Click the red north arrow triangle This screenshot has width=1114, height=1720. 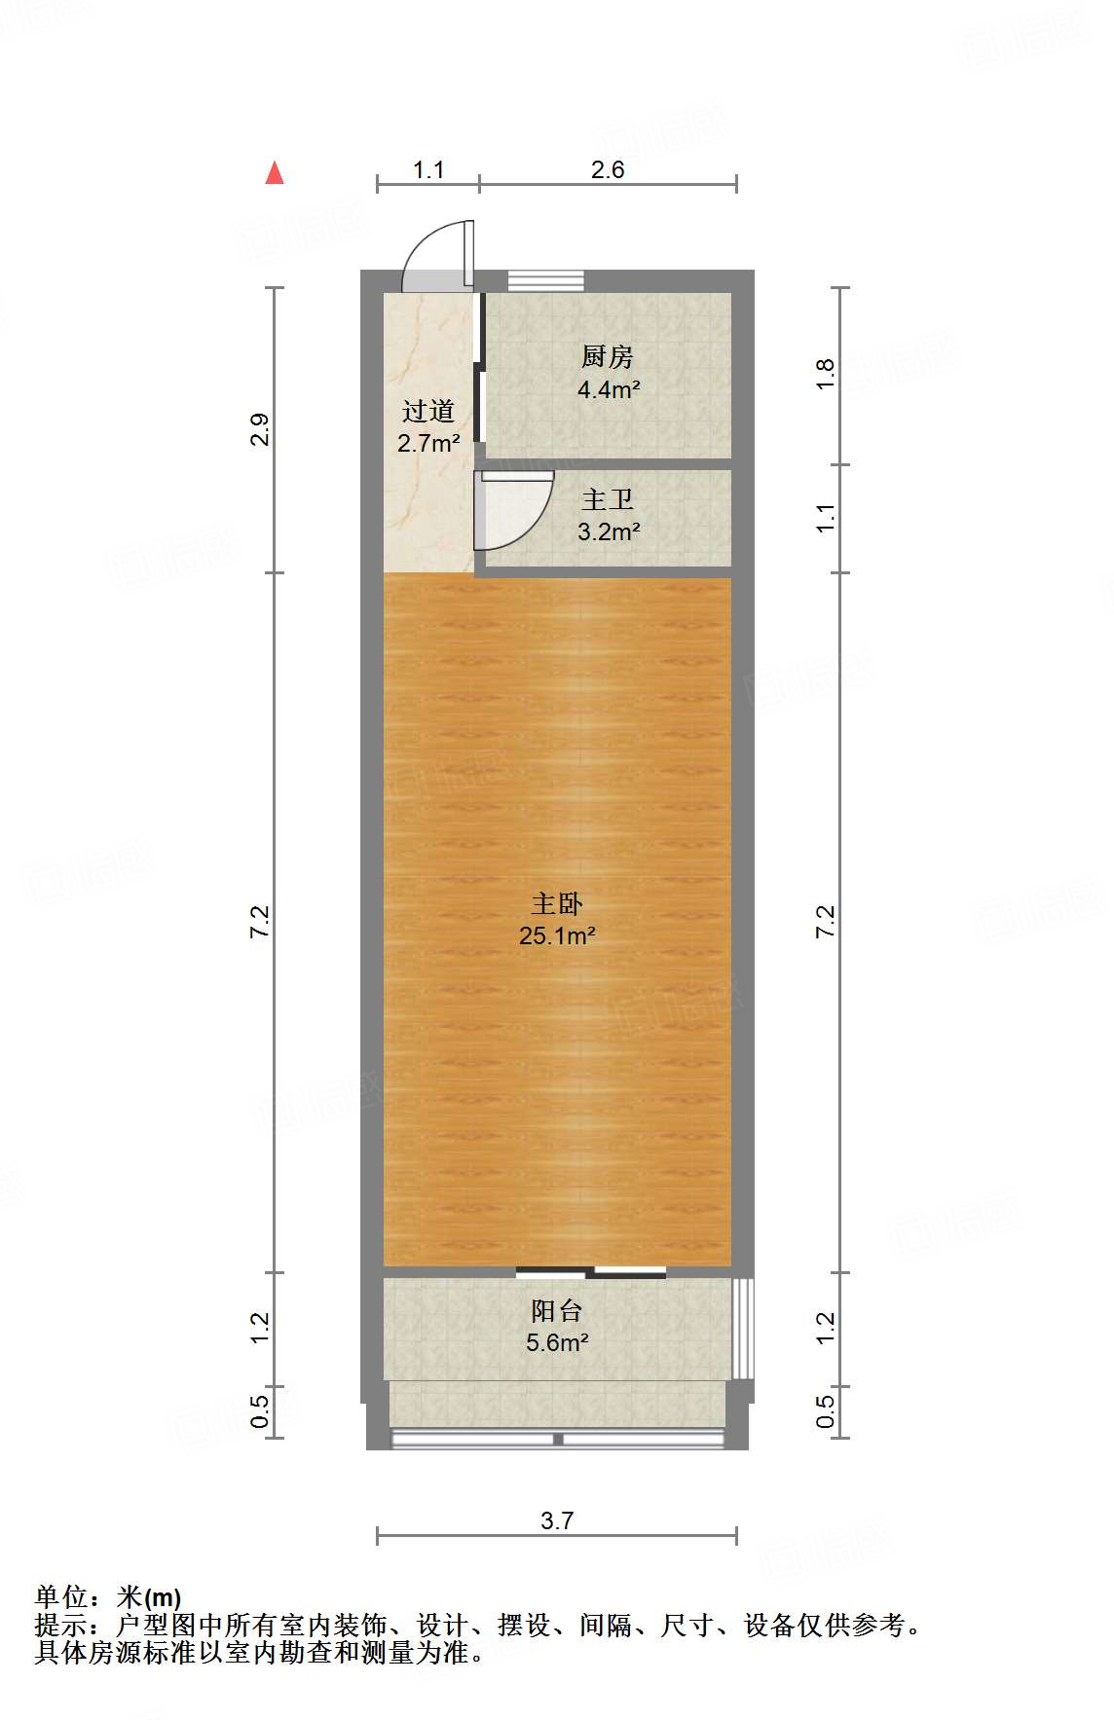point(275,173)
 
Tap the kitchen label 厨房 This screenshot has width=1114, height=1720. point(608,357)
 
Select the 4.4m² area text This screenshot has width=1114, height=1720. point(609,389)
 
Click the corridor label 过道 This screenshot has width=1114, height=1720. point(428,412)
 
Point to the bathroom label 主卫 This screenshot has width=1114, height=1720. point(608,500)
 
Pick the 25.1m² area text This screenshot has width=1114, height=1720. point(557,936)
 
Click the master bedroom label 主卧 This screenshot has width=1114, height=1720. point(557,904)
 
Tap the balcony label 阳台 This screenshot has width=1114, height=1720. point(557,1311)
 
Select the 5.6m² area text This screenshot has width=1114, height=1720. point(557,1343)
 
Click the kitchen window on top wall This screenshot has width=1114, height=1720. point(545,280)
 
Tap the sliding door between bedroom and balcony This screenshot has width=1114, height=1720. point(591,1271)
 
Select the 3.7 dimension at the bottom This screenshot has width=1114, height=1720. point(557,1520)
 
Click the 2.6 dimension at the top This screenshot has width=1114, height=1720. point(608,170)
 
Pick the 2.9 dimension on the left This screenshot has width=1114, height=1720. point(259,429)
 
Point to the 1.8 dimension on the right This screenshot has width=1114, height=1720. point(825,375)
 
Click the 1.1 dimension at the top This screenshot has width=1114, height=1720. point(428,170)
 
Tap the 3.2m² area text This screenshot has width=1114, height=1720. point(609,532)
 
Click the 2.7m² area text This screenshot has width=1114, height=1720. point(428,444)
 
